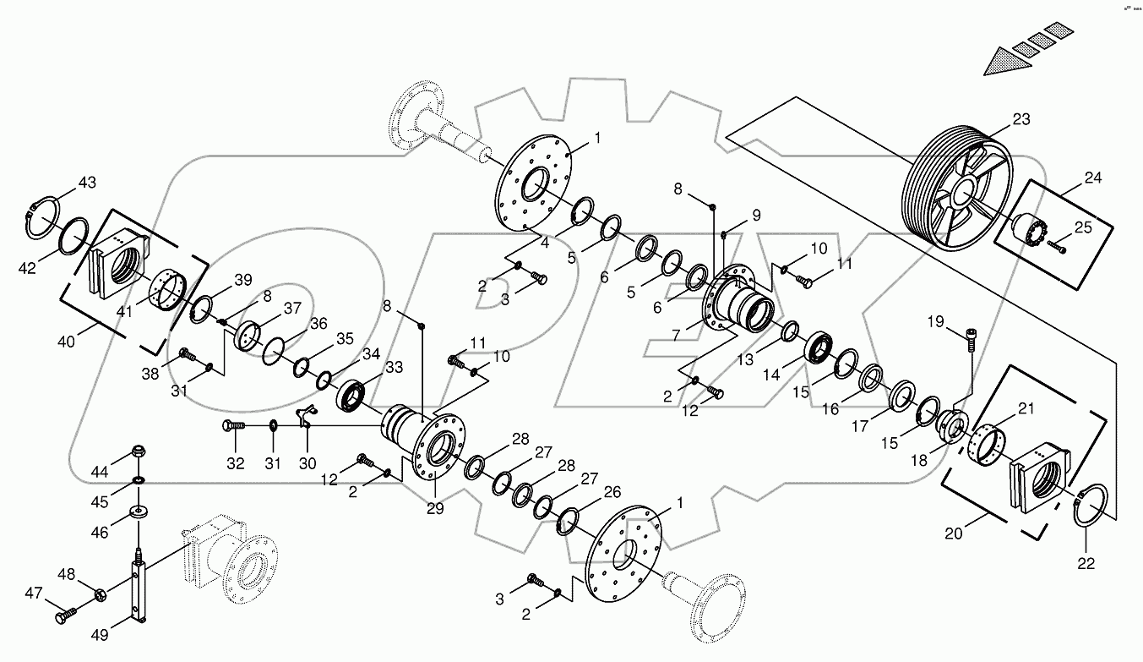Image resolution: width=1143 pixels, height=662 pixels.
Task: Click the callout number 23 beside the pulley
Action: click(1021, 120)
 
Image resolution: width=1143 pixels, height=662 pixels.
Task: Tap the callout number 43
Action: click(88, 183)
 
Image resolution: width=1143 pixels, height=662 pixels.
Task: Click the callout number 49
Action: click(100, 635)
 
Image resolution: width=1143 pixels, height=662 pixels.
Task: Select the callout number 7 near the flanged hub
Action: click(676, 336)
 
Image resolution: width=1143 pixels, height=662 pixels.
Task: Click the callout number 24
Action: click(1093, 178)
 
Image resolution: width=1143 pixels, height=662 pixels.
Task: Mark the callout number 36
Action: click(318, 324)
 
